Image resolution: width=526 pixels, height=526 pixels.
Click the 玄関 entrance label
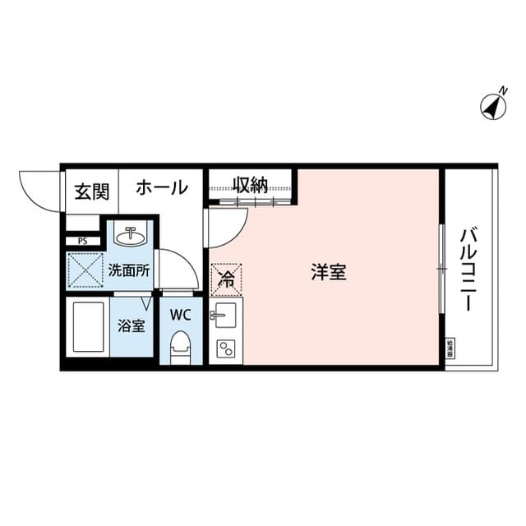[x=91, y=191]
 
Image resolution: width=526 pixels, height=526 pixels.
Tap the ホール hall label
[x=161, y=187]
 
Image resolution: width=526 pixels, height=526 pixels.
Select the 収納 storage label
[x=249, y=184]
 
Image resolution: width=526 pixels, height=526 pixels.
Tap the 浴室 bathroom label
[x=131, y=325]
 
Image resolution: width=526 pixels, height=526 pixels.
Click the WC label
[x=180, y=313]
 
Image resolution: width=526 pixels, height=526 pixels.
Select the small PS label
[x=82, y=241]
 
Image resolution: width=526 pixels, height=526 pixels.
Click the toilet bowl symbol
[x=180, y=347]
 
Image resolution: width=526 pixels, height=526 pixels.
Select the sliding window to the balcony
[x=442, y=267]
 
